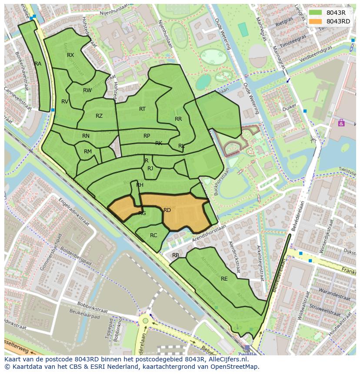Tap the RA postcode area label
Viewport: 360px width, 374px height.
[38, 64]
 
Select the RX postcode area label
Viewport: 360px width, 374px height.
[70, 55]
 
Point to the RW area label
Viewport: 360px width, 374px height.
[87, 90]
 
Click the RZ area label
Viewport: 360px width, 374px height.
[99, 116]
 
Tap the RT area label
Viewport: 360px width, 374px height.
[142, 109]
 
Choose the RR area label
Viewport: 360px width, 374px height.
[178, 119]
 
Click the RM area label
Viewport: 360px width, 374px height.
[88, 152]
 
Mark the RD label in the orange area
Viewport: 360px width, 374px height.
[167, 210]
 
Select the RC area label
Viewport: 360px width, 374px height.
[153, 235]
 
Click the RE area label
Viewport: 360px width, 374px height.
[224, 279]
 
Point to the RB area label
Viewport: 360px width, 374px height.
[176, 255]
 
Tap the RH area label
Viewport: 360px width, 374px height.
[140, 185]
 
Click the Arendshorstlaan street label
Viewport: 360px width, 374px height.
[209, 233]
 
